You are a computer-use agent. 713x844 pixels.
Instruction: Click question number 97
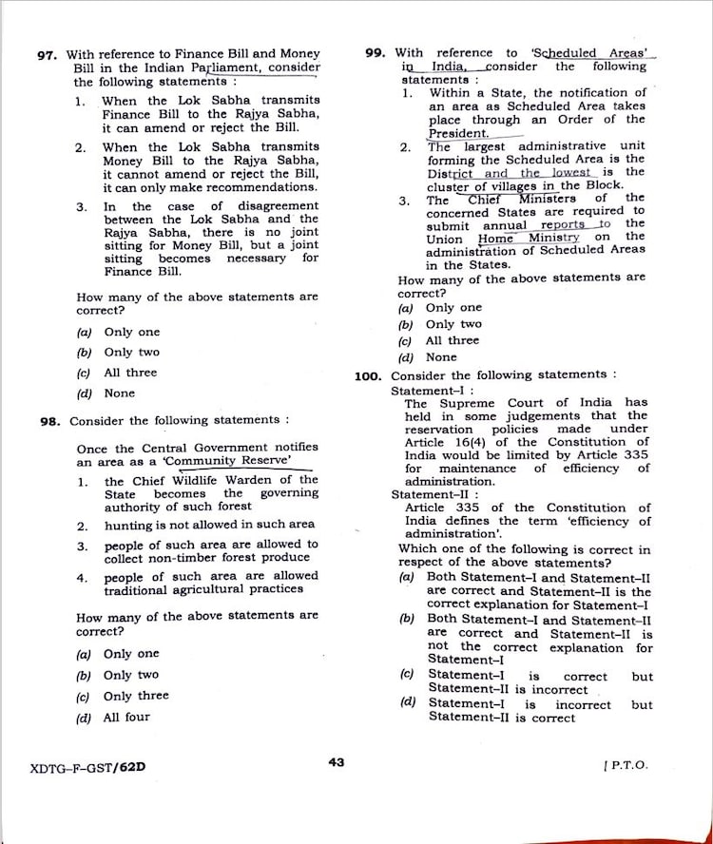(48, 55)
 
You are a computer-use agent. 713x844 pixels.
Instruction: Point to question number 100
(368, 375)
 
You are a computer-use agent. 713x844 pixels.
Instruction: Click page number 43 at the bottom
(336, 761)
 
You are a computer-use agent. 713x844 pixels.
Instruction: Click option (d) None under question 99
(428, 357)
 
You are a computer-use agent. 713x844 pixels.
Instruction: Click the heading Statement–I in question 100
(419, 391)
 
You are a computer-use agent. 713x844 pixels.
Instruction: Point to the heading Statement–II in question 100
(422, 494)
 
